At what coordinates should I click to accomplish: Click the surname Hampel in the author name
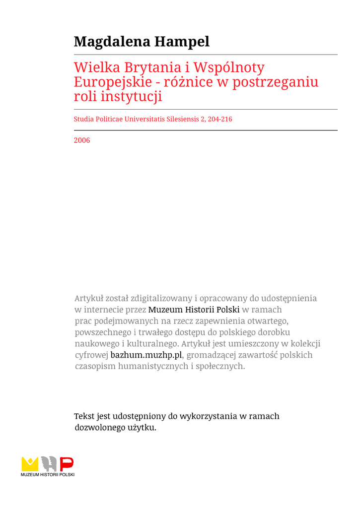click(x=182, y=42)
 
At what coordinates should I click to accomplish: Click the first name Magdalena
click(x=112, y=42)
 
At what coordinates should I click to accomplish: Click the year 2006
click(x=82, y=140)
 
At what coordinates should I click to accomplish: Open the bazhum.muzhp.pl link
click(x=146, y=355)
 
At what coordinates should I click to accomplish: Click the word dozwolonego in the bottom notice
click(x=98, y=428)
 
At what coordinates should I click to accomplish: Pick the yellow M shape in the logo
click(x=30, y=464)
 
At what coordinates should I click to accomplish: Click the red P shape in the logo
click(x=67, y=464)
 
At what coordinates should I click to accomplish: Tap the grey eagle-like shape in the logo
click(x=48, y=464)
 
